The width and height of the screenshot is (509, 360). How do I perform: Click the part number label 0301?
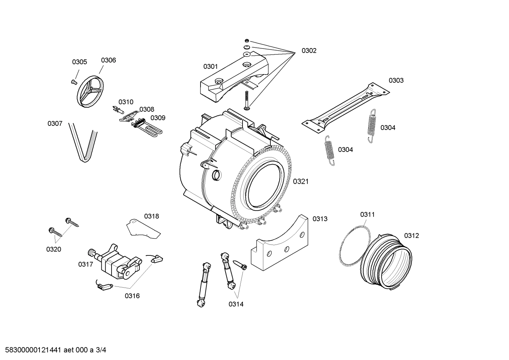pos(210,66)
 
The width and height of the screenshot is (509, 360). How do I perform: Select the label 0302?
pos(309,51)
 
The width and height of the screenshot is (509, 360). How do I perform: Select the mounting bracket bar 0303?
pos(345,106)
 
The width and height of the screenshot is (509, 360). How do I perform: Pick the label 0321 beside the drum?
pos(301,181)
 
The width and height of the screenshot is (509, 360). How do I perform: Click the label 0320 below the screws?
pos(54,249)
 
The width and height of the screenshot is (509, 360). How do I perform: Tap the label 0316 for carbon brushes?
pos(132,296)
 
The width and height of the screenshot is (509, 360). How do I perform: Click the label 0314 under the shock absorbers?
pos(236,304)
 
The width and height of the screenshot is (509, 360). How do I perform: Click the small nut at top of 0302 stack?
pos(247,40)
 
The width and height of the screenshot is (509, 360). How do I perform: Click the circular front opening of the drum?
pos(265,185)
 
